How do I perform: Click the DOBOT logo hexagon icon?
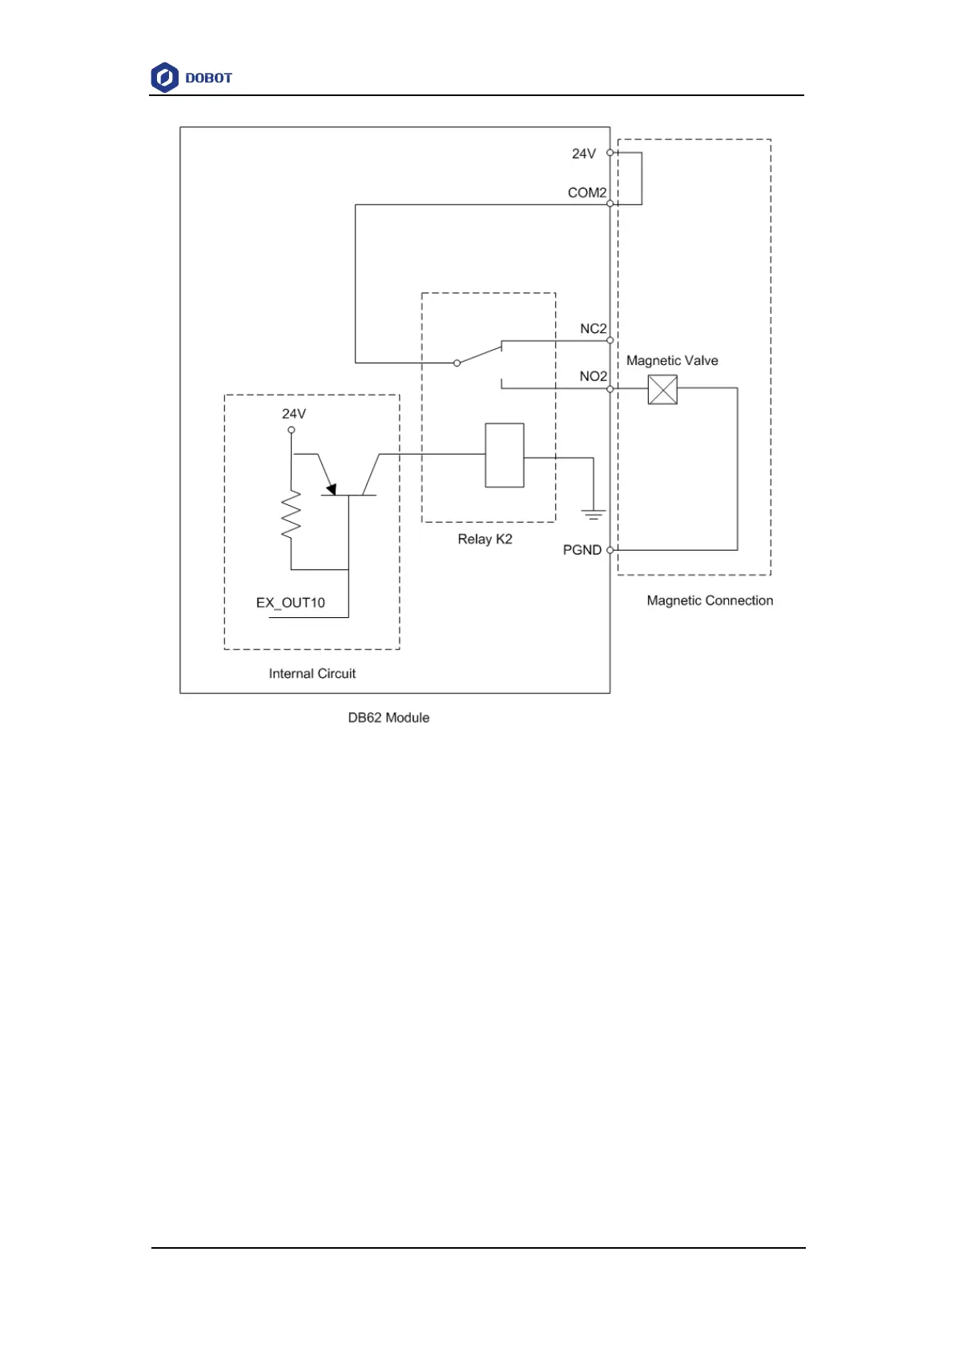click(164, 78)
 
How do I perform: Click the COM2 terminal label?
click(587, 193)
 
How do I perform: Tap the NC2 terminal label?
click(594, 329)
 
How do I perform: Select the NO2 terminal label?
click(594, 376)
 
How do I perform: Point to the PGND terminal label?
click(582, 550)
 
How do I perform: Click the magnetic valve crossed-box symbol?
click(662, 390)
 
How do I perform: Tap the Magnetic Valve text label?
click(672, 361)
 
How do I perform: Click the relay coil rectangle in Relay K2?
click(505, 455)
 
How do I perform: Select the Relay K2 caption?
click(485, 540)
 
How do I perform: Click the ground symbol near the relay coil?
click(594, 515)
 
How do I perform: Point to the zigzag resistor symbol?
click(291, 514)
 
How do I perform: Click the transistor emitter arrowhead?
click(331, 489)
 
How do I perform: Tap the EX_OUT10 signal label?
click(291, 603)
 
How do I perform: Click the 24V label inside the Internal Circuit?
click(294, 414)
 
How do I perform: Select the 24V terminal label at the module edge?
click(584, 154)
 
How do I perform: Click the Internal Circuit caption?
click(312, 674)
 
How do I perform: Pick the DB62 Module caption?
click(388, 718)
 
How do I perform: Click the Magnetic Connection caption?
click(710, 601)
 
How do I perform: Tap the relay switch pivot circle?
click(457, 363)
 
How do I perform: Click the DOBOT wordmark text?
click(208, 78)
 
